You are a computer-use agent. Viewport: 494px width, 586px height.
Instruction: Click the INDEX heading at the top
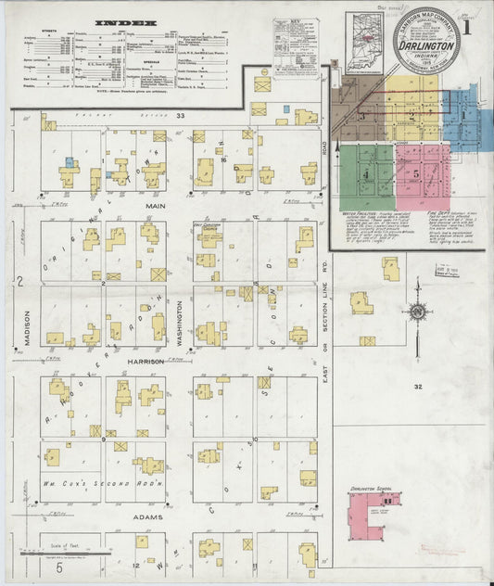[127, 19]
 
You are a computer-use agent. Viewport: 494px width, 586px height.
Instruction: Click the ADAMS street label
[147, 516]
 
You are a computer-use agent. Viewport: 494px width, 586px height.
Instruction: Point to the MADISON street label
[28, 328]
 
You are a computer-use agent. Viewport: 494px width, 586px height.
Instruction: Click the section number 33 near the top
[182, 116]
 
